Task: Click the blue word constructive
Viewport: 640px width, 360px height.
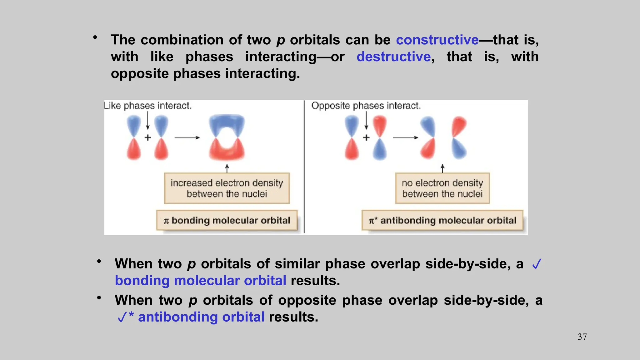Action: tap(437, 40)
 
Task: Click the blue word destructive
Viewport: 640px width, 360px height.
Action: tap(394, 57)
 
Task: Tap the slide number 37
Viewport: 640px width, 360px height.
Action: tap(582, 337)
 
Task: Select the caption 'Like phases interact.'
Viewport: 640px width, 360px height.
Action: tap(147, 106)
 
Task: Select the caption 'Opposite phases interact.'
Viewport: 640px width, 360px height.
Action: tap(366, 106)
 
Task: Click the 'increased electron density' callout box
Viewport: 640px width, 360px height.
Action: tap(227, 188)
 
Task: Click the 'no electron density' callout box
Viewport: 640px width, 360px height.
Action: tap(442, 188)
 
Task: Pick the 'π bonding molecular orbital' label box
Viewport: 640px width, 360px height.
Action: tap(227, 221)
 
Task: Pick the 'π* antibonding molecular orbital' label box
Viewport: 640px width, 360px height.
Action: tap(442, 221)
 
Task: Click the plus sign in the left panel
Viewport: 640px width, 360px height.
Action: tap(148, 137)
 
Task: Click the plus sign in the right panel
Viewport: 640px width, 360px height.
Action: tap(366, 137)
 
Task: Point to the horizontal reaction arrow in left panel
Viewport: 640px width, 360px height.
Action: tap(187, 137)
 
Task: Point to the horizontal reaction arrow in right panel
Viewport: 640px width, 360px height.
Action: tap(405, 137)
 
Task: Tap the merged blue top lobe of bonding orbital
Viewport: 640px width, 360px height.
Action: tap(227, 123)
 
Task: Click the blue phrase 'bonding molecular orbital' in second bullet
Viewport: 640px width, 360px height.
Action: tap(200, 281)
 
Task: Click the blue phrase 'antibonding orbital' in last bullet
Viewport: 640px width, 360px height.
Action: tap(201, 317)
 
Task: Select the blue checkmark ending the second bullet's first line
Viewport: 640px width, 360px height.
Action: tap(537, 264)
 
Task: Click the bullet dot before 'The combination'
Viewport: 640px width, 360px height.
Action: tap(95, 38)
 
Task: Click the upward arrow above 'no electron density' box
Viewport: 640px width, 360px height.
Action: tap(442, 168)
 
